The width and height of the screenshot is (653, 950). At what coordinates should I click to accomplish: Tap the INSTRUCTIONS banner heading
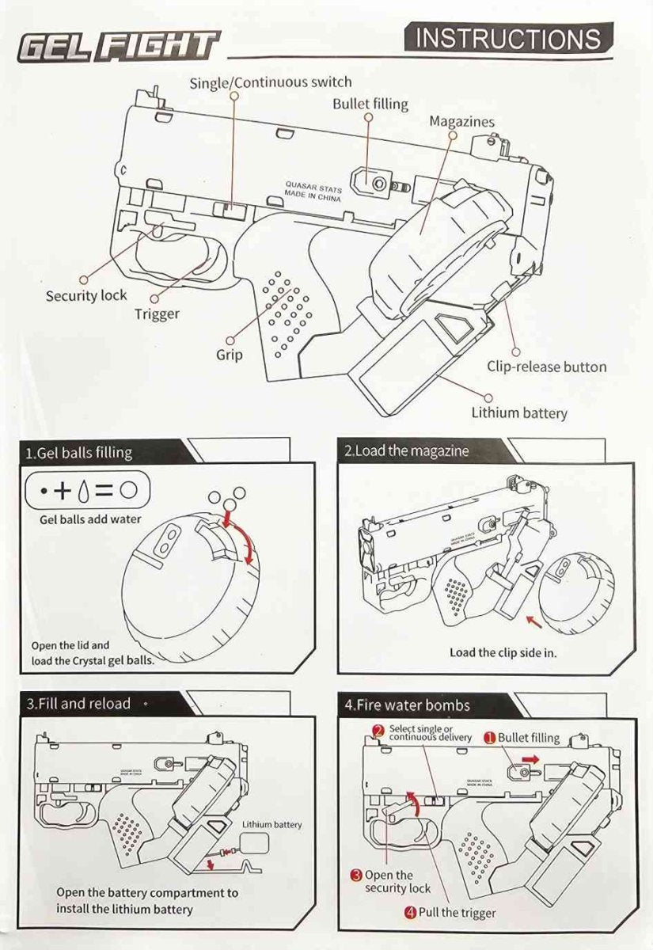(x=507, y=38)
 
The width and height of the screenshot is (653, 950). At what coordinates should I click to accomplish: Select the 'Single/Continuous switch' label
(x=270, y=82)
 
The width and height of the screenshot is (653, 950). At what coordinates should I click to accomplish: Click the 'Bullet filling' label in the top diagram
(x=370, y=104)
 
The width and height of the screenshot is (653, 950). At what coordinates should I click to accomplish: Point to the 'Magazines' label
(x=461, y=122)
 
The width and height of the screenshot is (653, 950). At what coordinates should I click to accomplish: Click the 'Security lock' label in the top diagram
(x=85, y=295)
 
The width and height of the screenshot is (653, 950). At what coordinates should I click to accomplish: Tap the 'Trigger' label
(x=157, y=313)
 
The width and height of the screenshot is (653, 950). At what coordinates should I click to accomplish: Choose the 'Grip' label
(x=230, y=355)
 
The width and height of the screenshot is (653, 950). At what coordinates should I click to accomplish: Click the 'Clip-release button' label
(x=546, y=367)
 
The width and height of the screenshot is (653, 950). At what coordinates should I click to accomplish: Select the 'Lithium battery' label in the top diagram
(x=519, y=412)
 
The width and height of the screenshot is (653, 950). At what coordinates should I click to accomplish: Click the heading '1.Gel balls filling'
(x=79, y=453)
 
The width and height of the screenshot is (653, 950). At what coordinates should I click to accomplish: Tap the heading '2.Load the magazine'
(x=406, y=451)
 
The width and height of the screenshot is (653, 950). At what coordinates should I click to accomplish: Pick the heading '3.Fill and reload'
(x=78, y=703)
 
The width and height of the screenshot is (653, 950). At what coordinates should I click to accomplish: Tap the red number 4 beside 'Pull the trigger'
(x=410, y=913)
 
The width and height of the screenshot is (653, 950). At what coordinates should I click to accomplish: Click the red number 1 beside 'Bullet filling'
(x=490, y=738)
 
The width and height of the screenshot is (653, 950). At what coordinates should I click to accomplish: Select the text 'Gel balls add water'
(x=90, y=519)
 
